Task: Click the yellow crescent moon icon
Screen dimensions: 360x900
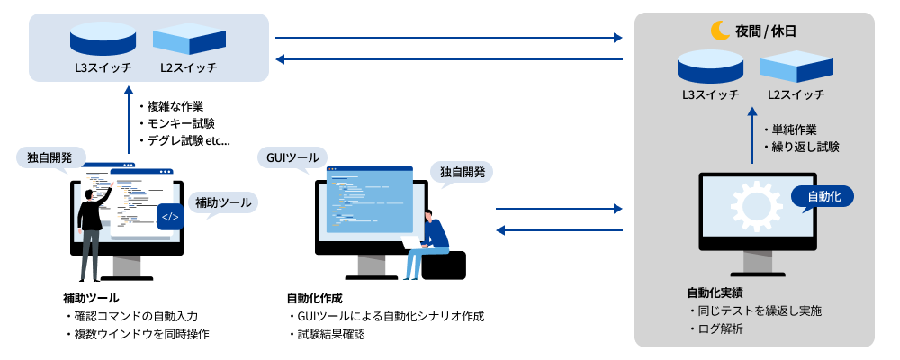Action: point(720,31)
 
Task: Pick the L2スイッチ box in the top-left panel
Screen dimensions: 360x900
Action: point(184,40)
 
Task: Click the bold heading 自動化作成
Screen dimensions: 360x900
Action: point(314,297)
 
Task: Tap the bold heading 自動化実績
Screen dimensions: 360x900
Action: point(715,292)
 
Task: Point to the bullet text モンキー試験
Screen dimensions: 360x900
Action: point(181,123)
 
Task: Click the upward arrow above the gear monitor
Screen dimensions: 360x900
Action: point(753,135)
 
